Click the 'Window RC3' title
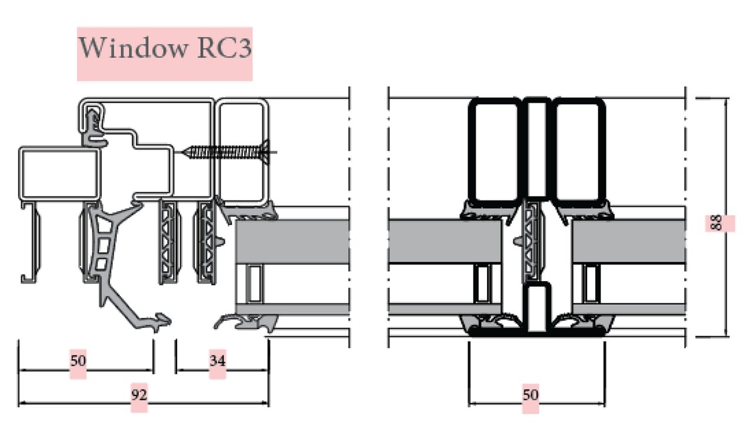[165, 48]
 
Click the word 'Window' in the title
[133, 48]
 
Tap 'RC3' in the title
[224, 48]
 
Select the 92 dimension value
[139, 394]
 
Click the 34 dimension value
[218, 361]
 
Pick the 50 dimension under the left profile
[78, 361]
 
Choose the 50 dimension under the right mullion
[531, 394]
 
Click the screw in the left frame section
[229, 152]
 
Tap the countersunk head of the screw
[265, 152]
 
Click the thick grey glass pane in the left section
[292, 242]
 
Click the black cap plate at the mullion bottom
[537, 332]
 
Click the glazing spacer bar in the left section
[255, 284]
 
